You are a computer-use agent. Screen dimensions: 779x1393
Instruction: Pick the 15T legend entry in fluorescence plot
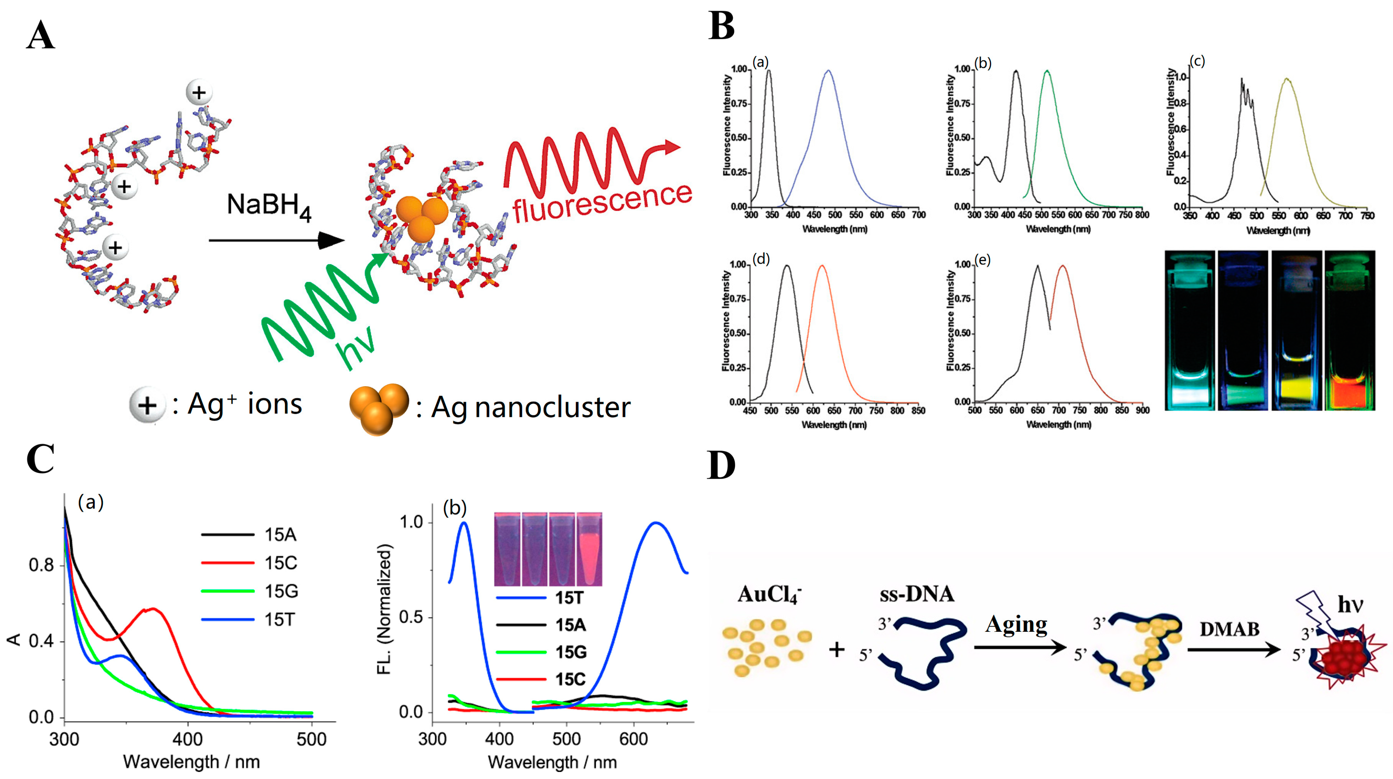coord(569,598)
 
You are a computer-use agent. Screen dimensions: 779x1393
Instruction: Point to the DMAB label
coord(1229,629)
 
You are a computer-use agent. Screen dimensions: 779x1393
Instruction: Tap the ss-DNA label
coord(917,594)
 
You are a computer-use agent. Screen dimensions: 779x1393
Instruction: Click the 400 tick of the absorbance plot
coord(187,739)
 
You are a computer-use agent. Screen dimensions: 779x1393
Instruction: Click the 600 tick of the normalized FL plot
coord(633,739)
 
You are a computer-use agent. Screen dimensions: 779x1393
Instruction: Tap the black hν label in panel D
coord(1350,604)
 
